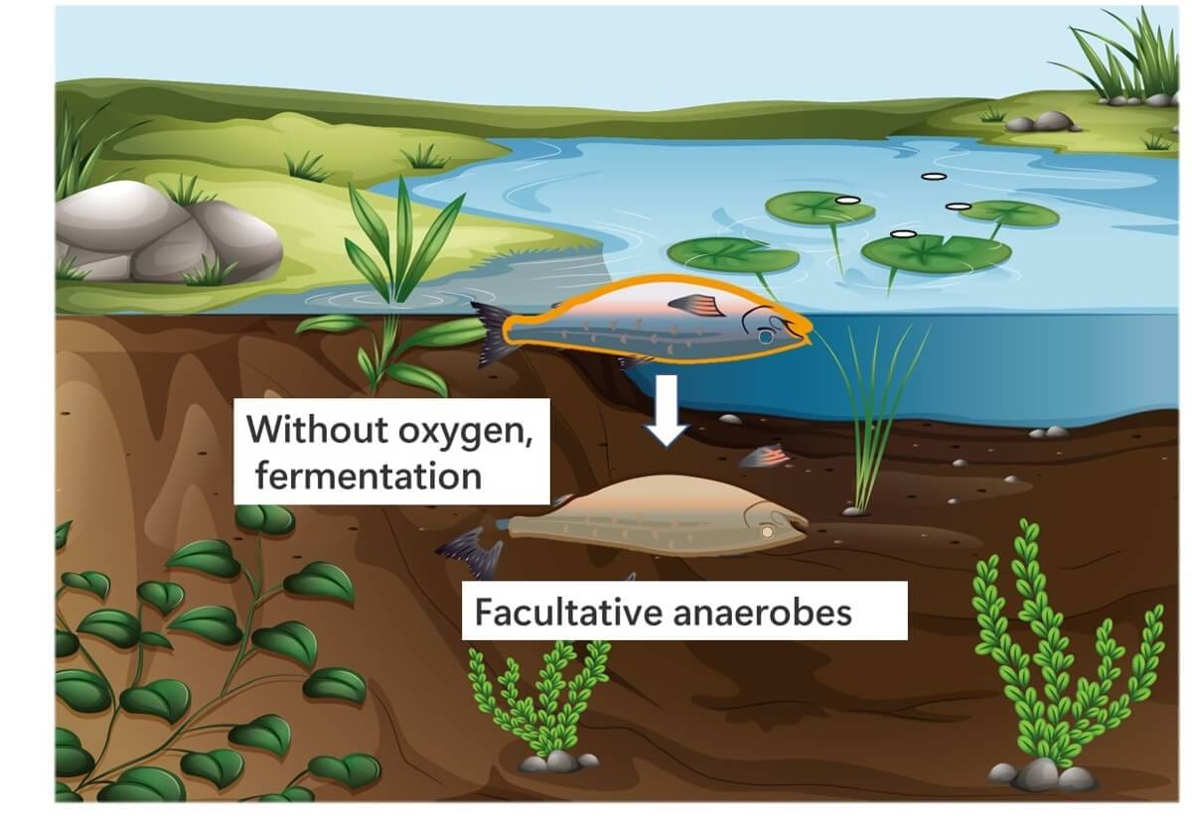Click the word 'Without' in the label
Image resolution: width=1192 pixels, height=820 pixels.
pos(318,429)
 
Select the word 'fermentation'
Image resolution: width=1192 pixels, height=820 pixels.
pos(369,476)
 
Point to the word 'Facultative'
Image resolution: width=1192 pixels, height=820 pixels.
pos(569,613)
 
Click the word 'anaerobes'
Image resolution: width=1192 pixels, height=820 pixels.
pos(763,614)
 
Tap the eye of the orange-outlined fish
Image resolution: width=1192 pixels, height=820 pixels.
pos(765,337)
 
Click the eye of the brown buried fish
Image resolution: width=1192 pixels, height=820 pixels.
pos(767,531)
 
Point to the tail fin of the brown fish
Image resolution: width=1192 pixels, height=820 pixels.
pos(471,553)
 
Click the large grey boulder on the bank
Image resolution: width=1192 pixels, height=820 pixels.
pos(168,232)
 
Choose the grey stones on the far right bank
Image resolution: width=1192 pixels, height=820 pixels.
pos(1041,122)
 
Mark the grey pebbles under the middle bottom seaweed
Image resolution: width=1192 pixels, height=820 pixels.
pos(557,762)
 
